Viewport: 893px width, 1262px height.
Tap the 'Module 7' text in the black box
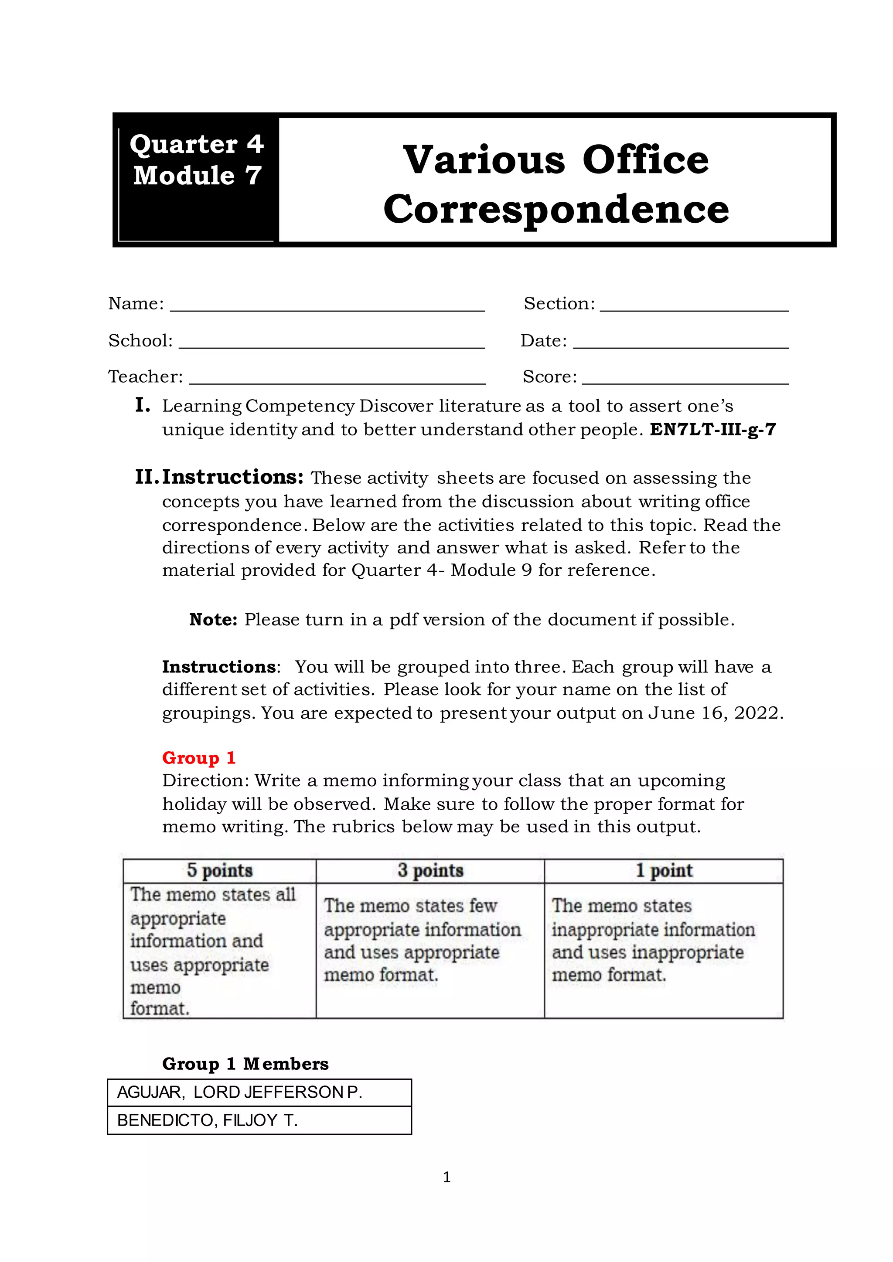click(197, 176)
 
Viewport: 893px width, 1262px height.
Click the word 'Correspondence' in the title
click(556, 210)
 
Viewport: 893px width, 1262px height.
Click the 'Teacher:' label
click(146, 377)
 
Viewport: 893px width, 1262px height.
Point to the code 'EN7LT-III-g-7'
click(712, 429)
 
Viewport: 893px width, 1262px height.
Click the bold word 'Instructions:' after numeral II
click(232, 477)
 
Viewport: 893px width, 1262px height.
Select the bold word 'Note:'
click(213, 620)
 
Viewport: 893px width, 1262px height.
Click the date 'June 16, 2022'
click(715, 713)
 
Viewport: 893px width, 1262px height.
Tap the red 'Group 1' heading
click(198, 758)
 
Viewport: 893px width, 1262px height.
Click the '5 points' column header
click(219, 870)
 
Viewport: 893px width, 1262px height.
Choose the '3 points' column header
click(430, 870)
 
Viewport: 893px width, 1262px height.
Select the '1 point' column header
click(664, 870)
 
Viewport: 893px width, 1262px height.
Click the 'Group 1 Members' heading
click(245, 1064)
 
